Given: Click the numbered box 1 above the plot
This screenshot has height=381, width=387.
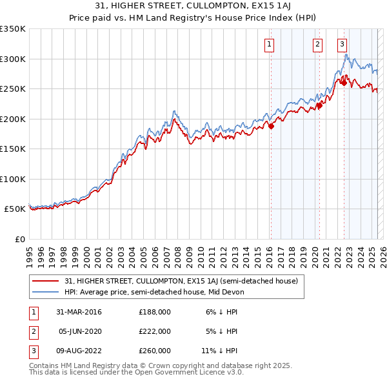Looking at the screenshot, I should pos(268,45).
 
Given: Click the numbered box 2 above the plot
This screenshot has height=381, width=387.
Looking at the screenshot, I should pos(318,45).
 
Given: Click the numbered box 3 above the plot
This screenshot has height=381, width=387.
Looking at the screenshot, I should pos(342,45).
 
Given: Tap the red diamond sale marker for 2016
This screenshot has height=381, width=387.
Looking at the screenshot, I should pos(271,127).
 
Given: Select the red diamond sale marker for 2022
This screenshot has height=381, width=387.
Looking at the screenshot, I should pos(344,83).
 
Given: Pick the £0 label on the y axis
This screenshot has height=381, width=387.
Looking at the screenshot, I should pos(19,239).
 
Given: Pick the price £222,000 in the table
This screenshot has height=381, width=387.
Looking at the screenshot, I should pos(155,331).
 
